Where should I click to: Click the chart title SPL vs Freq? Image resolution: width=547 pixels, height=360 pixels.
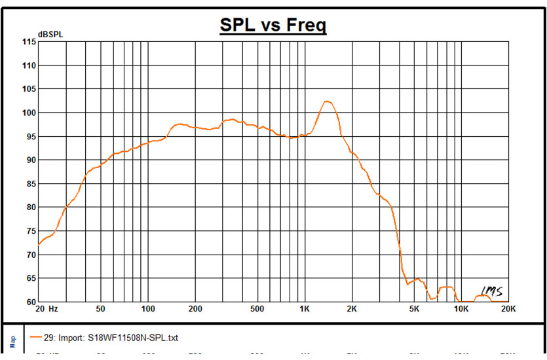(x=273, y=26)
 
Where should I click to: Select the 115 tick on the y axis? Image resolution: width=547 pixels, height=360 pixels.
(x=28, y=42)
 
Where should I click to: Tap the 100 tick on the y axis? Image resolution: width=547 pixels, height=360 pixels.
(x=28, y=113)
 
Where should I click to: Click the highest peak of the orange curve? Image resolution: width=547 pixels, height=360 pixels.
(x=326, y=101)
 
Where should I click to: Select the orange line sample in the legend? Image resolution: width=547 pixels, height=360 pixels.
(x=36, y=338)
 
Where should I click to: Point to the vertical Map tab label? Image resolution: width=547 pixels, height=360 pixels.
(x=12, y=341)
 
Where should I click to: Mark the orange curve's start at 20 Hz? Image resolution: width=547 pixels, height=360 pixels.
(x=39, y=245)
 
